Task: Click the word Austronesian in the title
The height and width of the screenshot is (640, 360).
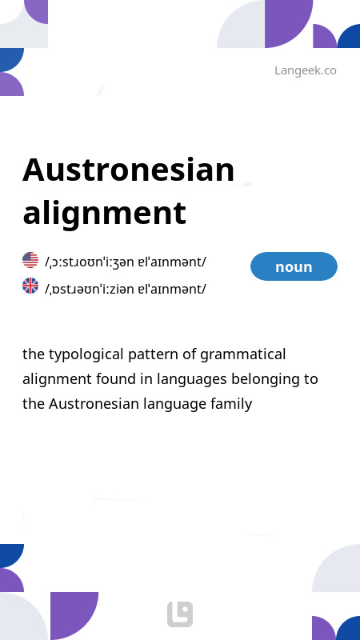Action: pos(129,170)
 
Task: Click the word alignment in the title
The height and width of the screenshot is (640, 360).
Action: pos(104,213)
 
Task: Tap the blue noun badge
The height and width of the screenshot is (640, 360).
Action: pos(294,266)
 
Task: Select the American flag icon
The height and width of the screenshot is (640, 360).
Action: pos(30,260)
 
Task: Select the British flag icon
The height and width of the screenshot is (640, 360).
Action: pos(30,286)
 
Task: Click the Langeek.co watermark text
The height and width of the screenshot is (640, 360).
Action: pos(305,70)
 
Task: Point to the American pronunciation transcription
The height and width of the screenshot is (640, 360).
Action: pos(126,262)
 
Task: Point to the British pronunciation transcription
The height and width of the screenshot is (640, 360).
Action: pos(126,288)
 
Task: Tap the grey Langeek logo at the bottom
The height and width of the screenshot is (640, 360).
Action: pos(180,614)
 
